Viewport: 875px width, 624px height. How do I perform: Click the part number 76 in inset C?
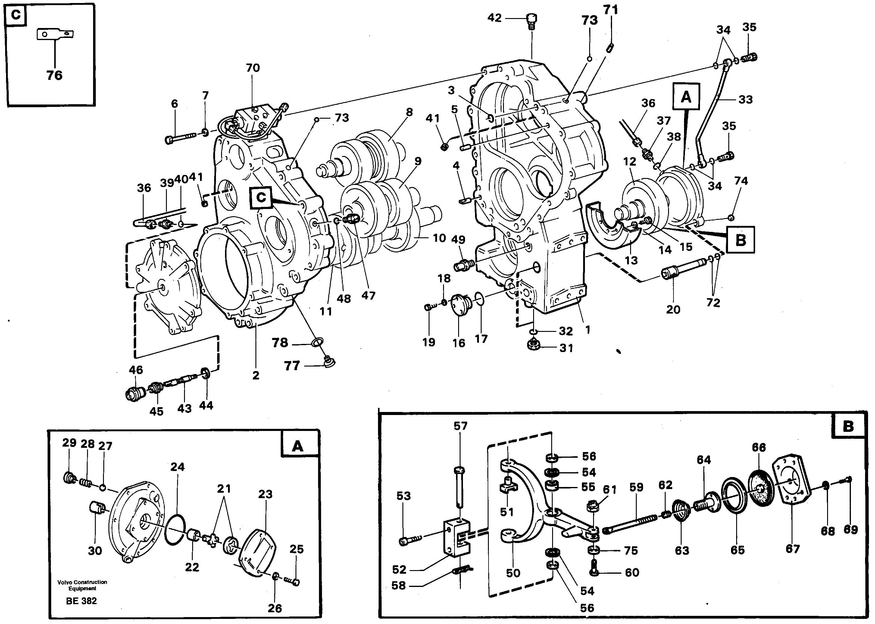coord(54,75)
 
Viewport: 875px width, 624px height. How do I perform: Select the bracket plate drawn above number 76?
coord(55,34)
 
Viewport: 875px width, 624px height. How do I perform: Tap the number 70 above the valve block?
coord(253,68)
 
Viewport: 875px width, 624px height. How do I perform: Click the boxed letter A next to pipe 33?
coord(686,97)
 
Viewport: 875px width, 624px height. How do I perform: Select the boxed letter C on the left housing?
coord(261,198)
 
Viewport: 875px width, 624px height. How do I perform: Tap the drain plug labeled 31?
coord(534,345)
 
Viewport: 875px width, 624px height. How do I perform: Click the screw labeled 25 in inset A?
coord(293,581)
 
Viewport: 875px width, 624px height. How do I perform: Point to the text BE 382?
coord(81,601)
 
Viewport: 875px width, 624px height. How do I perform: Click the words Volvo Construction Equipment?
coord(82,585)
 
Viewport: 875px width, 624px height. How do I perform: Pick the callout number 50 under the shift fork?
coord(513,573)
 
